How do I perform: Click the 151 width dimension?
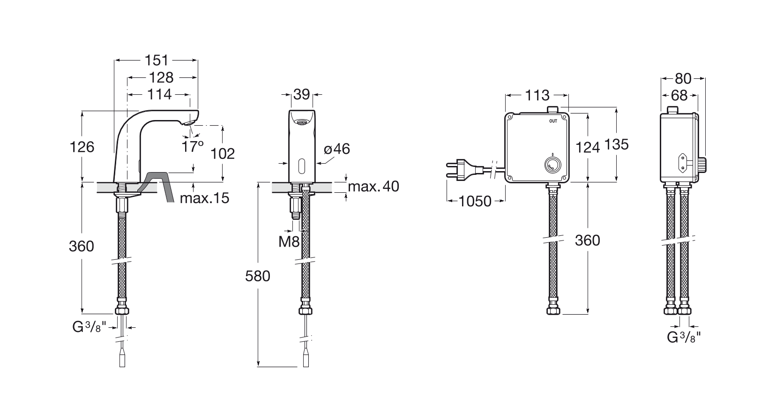point(157,60)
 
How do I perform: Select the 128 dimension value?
point(161,77)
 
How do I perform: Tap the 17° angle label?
point(192,146)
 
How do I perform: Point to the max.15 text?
point(204,198)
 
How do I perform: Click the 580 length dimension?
point(258,276)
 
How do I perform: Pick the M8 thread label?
point(289,241)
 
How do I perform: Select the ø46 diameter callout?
point(336,149)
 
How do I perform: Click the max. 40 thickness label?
point(373,186)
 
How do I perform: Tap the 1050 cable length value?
point(475,201)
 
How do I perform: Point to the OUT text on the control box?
point(553,121)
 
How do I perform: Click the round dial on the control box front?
point(553,165)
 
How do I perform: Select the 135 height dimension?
point(616,144)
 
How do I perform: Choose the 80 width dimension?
point(683,79)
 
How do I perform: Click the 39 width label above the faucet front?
point(302,95)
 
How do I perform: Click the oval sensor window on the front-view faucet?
point(302,165)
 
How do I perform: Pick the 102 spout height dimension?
point(223,154)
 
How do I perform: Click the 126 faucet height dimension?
point(82,147)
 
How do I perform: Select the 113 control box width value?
point(537,95)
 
